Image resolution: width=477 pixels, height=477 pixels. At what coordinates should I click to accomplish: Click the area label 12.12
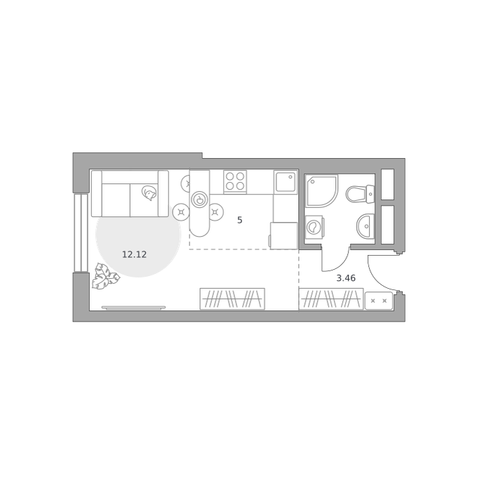[x=134, y=254]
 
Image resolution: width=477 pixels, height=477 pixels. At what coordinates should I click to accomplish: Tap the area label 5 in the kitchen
[x=240, y=220]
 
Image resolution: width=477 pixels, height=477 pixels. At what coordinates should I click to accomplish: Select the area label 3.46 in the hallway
[x=346, y=278]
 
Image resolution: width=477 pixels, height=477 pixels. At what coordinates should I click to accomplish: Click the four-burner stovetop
[x=235, y=181]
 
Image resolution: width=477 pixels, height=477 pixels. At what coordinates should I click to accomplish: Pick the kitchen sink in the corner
[x=285, y=181]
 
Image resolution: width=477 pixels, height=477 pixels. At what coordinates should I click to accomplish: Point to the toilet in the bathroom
[x=360, y=194]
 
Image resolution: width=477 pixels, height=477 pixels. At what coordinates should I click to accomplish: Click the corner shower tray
[x=321, y=191]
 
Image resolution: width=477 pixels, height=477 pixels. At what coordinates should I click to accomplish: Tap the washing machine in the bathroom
[x=314, y=227]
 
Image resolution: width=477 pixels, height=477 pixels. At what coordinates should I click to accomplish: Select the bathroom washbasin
[x=365, y=226]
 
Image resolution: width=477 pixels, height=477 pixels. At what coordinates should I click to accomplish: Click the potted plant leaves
[x=105, y=276]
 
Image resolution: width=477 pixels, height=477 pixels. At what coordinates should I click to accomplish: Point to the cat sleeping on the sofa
[x=149, y=193]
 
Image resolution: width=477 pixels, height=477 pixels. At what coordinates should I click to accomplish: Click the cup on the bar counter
[x=199, y=200]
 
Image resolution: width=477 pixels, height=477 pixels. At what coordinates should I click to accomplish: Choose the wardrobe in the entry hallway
[x=331, y=299]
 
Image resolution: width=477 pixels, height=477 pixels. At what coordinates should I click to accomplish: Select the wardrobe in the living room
[x=232, y=299]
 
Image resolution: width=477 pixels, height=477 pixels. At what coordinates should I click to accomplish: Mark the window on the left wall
[x=81, y=233]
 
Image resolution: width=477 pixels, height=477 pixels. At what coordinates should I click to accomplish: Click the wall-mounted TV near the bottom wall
[x=133, y=308]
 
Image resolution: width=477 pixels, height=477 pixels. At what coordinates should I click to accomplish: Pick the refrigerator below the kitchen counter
[x=283, y=236]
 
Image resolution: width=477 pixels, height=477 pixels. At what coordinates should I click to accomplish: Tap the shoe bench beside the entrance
[x=379, y=301]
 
